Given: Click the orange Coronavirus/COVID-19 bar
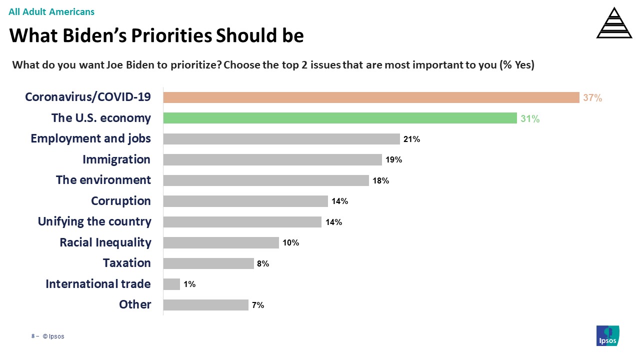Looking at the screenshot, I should point(371,97).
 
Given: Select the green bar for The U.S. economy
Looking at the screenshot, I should point(340,118).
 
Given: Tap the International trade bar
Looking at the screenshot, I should point(171,284).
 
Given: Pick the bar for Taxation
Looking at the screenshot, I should point(208,263).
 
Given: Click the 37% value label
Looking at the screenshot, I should point(592,98).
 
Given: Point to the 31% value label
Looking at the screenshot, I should point(530,119).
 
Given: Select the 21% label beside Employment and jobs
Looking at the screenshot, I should point(411,139).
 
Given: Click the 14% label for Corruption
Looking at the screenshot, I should point(339,201).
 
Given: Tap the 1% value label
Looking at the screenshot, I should point(189,284).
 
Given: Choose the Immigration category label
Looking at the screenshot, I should point(116,159).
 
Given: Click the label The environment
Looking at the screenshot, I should point(103,180).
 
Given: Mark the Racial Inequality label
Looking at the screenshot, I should point(105,242).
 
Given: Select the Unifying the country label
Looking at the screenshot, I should point(94,221).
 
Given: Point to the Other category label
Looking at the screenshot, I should point(135,304).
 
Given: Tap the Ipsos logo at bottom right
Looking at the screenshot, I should point(608,335).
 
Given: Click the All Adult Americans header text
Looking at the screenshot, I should point(51,11).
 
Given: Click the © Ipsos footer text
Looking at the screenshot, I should point(53,336).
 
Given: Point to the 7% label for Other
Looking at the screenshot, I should point(257,305).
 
